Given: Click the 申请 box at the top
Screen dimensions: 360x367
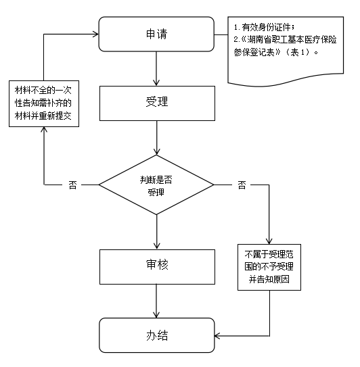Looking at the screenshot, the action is pyautogui.click(x=156, y=34).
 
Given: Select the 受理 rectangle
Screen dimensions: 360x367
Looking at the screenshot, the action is pyautogui.click(x=157, y=103).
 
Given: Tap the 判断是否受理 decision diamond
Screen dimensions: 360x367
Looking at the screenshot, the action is pyautogui.click(x=156, y=185).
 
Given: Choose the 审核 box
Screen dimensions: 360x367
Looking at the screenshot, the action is pyautogui.click(x=157, y=267).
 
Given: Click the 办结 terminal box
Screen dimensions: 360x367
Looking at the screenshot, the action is pyautogui.click(x=157, y=335).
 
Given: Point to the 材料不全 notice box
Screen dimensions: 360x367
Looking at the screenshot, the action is pyautogui.click(x=44, y=103).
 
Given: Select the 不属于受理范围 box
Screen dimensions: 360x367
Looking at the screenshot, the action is pyautogui.click(x=269, y=267).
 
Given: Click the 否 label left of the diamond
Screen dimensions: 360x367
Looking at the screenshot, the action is pyautogui.click(x=72, y=185).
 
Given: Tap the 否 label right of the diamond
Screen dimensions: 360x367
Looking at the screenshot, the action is pyautogui.click(x=242, y=185).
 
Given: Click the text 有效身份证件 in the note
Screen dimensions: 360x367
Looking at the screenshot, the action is pyautogui.click(x=267, y=28).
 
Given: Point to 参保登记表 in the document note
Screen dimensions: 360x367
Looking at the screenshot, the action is pyautogui.click(x=254, y=52).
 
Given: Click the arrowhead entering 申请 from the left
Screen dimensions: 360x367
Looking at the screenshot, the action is pyautogui.click(x=95, y=34).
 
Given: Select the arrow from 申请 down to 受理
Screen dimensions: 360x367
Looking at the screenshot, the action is pyautogui.click(x=156, y=68).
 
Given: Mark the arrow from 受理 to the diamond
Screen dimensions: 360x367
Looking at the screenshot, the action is pyautogui.click(x=156, y=138).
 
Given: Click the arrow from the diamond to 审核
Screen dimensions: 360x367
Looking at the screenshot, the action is pyautogui.click(x=156, y=232).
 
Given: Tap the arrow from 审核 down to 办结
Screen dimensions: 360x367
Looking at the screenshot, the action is pyautogui.click(x=156, y=301).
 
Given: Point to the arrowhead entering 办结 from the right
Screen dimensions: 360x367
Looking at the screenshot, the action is pyautogui.click(x=217, y=336).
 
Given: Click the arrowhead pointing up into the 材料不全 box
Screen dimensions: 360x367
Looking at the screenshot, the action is pyautogui.click(x=44, y=130).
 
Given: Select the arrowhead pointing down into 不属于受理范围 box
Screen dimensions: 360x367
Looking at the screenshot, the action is pyautogui.click(x=269, y=241).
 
